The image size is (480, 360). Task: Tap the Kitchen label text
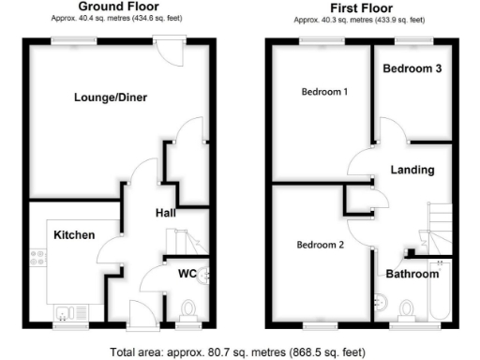tap(74, 234)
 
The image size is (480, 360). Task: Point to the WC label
tap(187, 275)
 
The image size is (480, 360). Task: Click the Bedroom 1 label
tap(324, 92)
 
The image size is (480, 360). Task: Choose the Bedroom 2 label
tap(321, 246)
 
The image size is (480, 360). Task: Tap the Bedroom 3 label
tap(412, 68)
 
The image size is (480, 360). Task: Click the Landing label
tap(412, 170)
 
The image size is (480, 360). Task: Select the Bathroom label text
tap(412, 274)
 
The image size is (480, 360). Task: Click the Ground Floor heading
tap(118, 7)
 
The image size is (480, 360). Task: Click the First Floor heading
tap(360, 7)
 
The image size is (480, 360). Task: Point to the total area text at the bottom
tap(236, 352)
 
